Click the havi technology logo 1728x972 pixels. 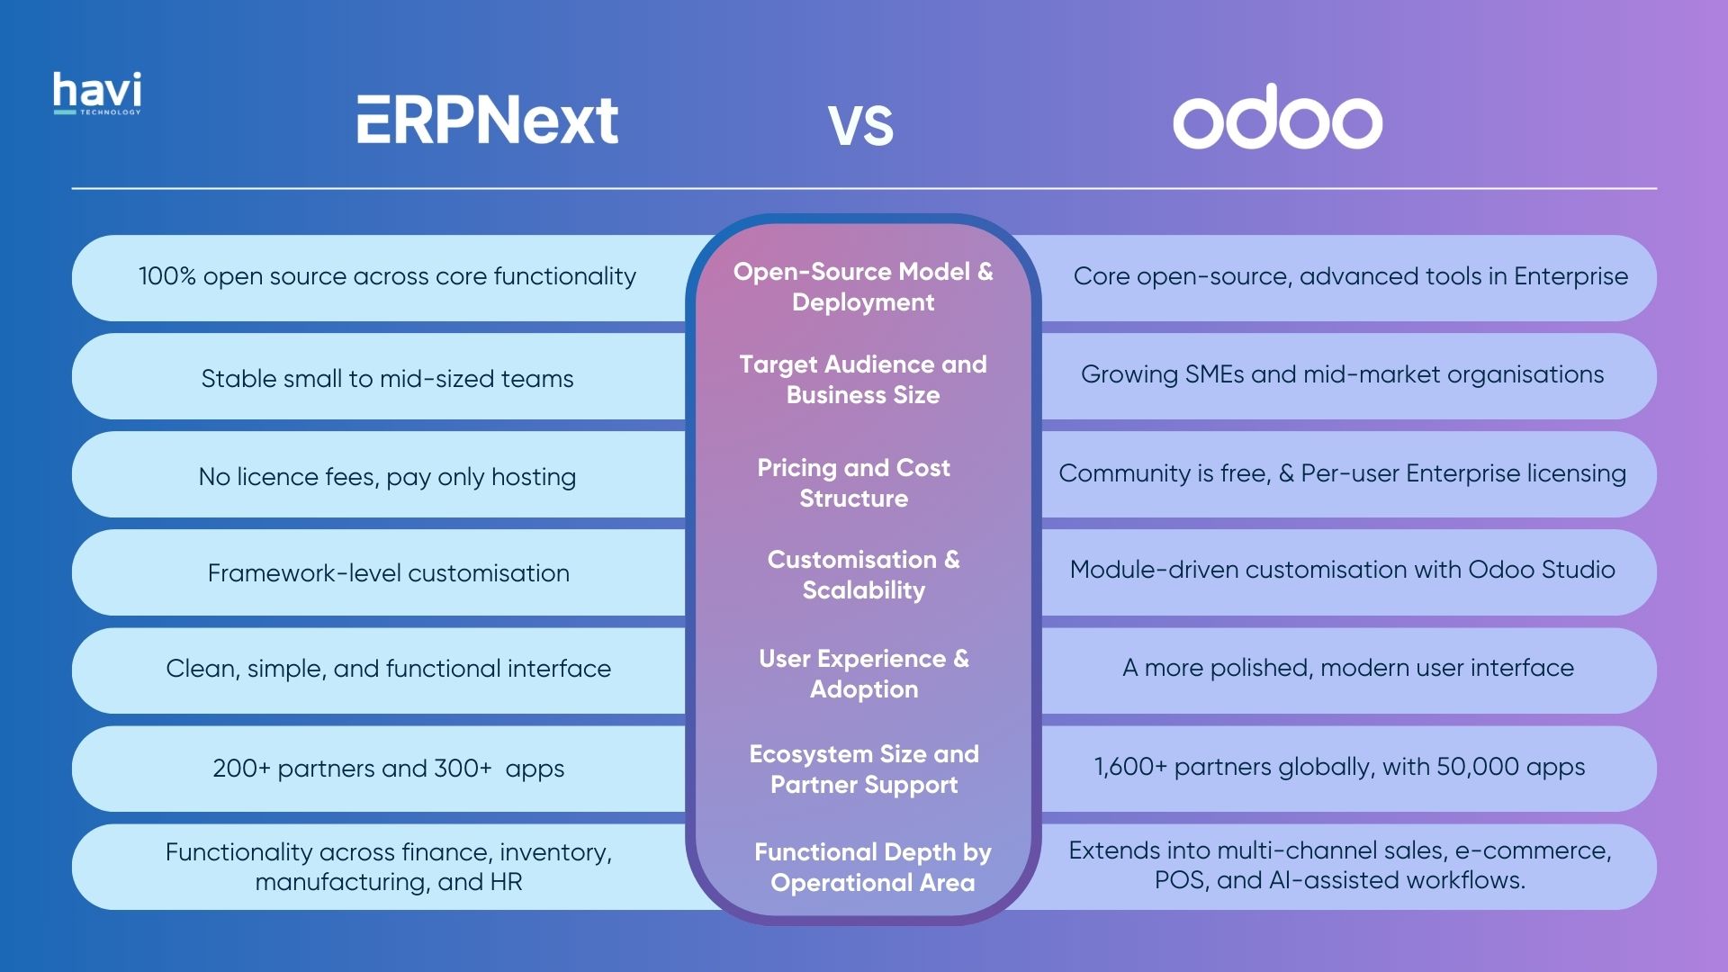point(97,94)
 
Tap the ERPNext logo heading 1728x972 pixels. point(487,121)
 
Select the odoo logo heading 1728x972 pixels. point(1276,118)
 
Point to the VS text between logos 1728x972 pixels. point(860,125)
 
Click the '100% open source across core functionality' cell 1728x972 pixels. point(387,276)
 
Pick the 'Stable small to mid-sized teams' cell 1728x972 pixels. point(387,379)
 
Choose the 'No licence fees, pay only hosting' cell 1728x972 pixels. point(387,477)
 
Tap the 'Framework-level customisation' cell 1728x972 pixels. point(388,573)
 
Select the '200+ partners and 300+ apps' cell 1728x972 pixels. point(388,769)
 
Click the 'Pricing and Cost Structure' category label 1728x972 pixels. point(853,483)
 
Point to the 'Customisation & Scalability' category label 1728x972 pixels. point(863,575)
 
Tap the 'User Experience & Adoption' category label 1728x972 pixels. point(863,674)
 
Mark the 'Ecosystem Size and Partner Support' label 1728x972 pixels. point(863,769)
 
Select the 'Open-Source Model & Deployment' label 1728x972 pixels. point(863,287)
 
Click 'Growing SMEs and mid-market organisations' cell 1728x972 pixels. point(1342,374)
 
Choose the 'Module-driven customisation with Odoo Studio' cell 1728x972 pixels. point(1342,570)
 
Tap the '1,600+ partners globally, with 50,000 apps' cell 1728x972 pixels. point(1339,767)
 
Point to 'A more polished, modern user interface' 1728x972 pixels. point(1347,668)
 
